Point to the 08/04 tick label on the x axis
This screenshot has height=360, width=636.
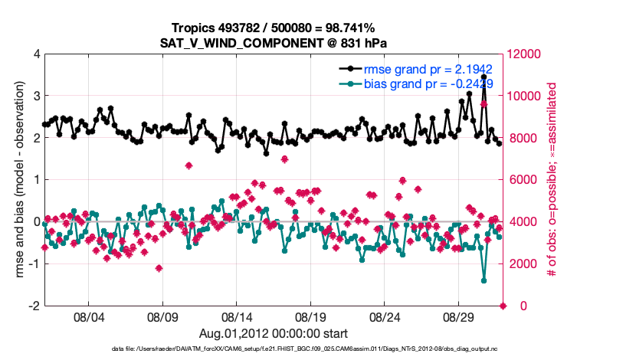point(87,316)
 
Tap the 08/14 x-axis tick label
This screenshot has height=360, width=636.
point(236,316)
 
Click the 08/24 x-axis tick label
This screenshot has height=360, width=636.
point(385,316)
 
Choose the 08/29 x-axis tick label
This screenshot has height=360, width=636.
point(460,316)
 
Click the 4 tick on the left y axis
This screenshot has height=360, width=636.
point(35,54)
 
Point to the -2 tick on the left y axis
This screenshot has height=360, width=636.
point(33,306)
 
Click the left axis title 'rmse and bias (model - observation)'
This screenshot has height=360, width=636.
point(19,180)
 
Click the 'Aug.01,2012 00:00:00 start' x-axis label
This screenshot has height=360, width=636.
point(274,333)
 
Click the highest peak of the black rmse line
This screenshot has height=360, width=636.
point(484,77)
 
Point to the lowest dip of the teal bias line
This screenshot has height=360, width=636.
point(484,280)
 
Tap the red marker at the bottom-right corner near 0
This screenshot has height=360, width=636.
point(503,306)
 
